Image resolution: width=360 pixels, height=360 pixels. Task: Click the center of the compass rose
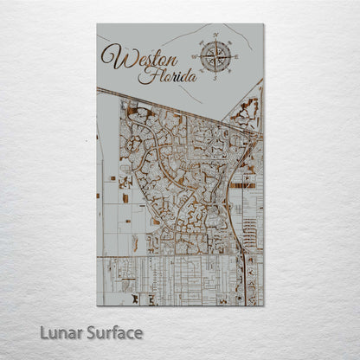pos(215,57)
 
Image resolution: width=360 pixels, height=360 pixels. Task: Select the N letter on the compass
pos(215,35)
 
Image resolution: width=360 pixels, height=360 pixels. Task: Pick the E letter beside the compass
pos(237,57)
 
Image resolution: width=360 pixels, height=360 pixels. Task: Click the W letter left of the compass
pos(195,57)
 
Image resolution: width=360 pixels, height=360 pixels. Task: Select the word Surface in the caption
pos(114,332)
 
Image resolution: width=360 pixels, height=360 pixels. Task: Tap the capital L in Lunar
pos(44,332)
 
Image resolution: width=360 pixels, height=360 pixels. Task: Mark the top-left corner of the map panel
pos(97,24)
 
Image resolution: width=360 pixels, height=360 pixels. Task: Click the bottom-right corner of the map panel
pos(264,305)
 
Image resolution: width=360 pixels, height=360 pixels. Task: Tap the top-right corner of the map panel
pos(264,24)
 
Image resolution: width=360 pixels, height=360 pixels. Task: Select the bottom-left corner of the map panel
pos(97,305)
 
